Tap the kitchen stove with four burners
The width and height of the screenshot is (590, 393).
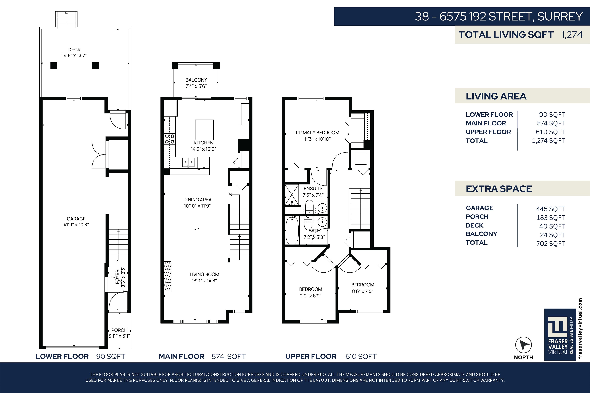pyautogui.click(x=170, y=139)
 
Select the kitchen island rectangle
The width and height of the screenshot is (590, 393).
pyautogui.click(x=204, y=129)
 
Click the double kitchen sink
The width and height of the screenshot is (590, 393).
pyautogui.click(x=188, y=162)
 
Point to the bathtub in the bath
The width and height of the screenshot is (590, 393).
pyautogui.click(x=292, y=230)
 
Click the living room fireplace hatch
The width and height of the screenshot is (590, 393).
pyautogui.click(x=167, y=276)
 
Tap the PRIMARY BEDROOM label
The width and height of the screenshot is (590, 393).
pyautogui.click(x=317, y=133)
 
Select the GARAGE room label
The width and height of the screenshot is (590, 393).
pyautogui.click(x=76, y=219)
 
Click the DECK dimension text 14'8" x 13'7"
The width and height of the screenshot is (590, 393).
pyautogui.click(x=74, y=55)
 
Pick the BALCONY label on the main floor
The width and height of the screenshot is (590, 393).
pyautogui.click(x=196, y=80)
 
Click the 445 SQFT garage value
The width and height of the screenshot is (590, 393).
pyautogui.click(x=550, y=209)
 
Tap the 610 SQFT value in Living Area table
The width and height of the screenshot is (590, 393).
pyautogui.click(x=550, y=132)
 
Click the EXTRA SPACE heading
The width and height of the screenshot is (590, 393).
pyautogui.click(x=499, y=189)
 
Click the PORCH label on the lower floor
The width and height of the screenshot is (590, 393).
pyautogui.click(x=119, y=330)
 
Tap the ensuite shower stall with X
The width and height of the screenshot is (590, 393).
pyautogui.click(x=292, y=195)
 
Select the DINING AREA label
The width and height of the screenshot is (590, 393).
pyautogui.click(x=197, y=200)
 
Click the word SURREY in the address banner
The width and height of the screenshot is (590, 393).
pyautogui.click(x=560, y=17)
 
